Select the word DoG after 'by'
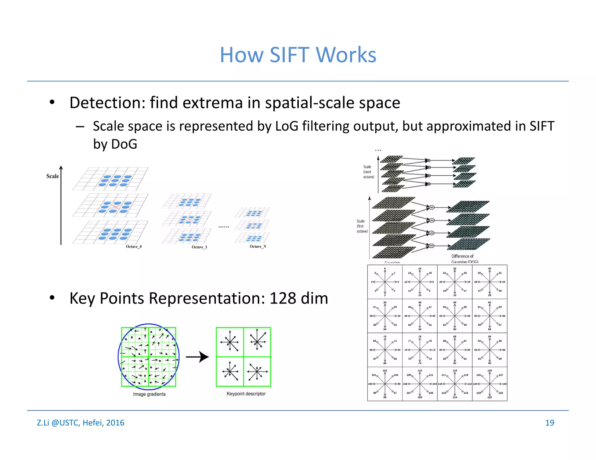point(124,144)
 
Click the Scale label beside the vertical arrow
point(53,176)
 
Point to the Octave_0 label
point(134,247)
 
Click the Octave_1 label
point(199,247)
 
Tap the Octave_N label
point(258,247)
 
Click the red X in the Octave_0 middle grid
point(116,207)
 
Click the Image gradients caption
point(149,394)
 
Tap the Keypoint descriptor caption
point(246,394)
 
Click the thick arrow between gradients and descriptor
point(198,357)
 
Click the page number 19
point(549,423)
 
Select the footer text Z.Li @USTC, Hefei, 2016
point(81,423)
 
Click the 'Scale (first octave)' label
point(362,226)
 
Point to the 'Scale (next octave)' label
point(368,172)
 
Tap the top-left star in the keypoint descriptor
point(230,342)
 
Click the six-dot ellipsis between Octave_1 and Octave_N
point(224,227)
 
